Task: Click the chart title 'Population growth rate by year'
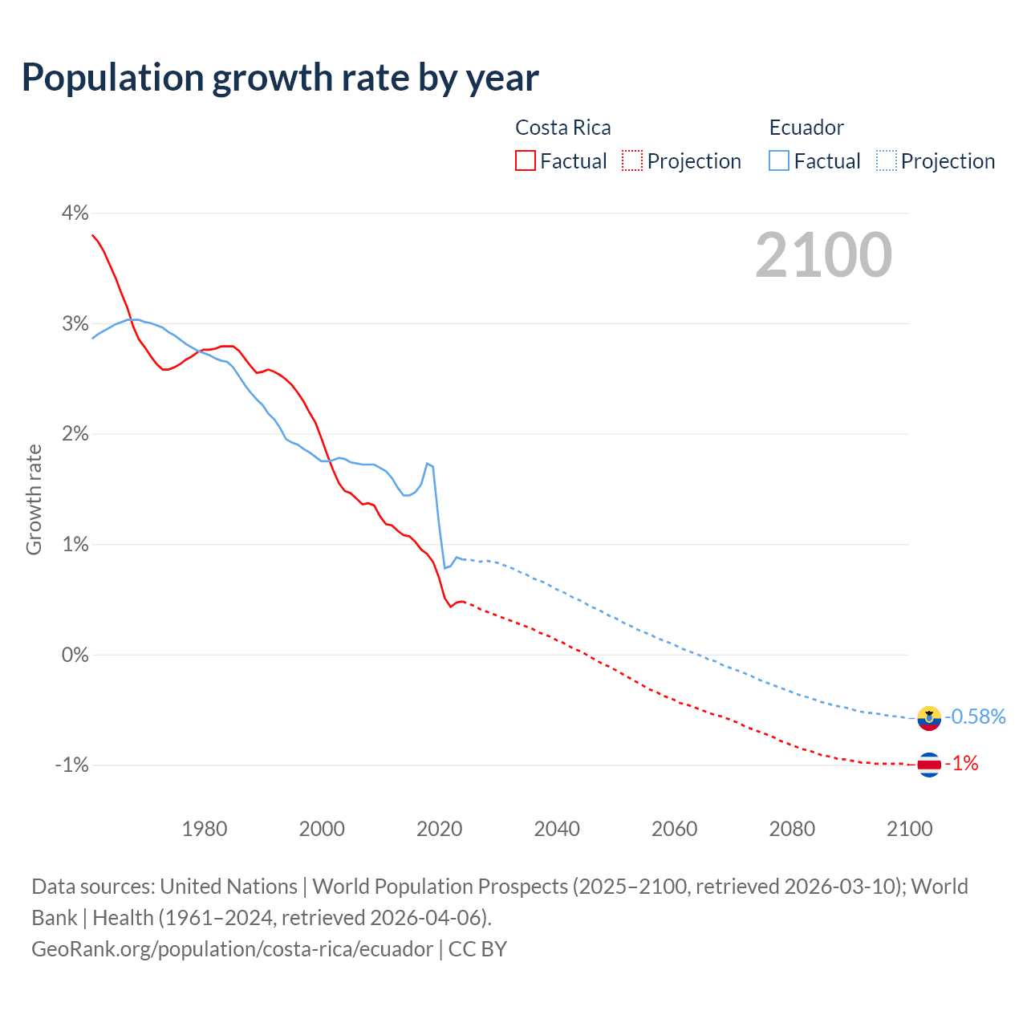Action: [x=280, y=78]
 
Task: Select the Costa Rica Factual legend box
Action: [x=526, y=160]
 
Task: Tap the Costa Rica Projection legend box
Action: [x=632, y=160]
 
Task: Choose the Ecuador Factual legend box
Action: [x=779, y=160]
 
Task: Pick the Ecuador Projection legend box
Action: [x=886, y=160]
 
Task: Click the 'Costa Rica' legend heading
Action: [x=562, y=128]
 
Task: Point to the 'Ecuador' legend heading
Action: [x=806, y=128]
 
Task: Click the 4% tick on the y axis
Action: [x=75, y=213]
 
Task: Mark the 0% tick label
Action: [x=75, y=655]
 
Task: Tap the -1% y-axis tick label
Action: [x=71, y=765]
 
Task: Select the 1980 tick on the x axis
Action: [x=205, y=829]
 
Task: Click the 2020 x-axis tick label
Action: [x=440, y=829]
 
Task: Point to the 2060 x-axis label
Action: [x=675, y=829]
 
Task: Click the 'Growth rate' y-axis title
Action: [x=34, y=499]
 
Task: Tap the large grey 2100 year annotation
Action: [x=823, y=255]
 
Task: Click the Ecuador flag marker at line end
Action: [x=929, y=717]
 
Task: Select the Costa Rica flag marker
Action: [x=929, y=765]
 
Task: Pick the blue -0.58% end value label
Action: [x=975, y=716]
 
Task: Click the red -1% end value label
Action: [x=961, y=764]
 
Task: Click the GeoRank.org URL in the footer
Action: [x=232, y=949]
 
